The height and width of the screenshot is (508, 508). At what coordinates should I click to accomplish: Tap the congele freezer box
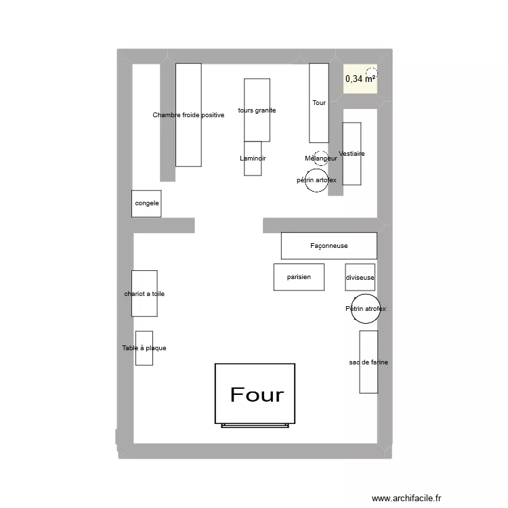[x=146, y=203]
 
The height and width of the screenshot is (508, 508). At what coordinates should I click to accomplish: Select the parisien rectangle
[x=299, y=277]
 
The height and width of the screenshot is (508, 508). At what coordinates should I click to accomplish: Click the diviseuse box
[x=360, y=278]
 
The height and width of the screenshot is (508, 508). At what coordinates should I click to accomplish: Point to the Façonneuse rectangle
[x=329, y=246]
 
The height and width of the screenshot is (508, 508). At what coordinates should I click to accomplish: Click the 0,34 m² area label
[x=360, y=79]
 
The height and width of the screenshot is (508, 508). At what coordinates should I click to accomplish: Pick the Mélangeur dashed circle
[x=321, y=157]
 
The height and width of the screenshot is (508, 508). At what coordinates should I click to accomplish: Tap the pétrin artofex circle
[x=316, y=181]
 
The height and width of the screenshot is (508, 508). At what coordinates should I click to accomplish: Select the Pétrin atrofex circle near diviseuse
[x=365, y=308]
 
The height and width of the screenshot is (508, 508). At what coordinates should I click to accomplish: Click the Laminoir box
[x=253, y=158]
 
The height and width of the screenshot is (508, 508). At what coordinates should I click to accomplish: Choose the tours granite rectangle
[x=257, y=110]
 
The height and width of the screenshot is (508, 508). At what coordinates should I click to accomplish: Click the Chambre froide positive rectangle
[x=188, y=114]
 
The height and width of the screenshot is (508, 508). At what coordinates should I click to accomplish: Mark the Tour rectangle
[x=319, y=103]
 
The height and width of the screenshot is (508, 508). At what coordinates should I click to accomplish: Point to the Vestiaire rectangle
[x=352, y=154]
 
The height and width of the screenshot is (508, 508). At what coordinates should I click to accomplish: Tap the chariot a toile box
[x=144, y=293]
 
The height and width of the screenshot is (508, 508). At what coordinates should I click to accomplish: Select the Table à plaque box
[x=144, y=348]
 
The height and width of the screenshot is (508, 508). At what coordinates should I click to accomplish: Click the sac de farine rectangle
[x=368, y=362]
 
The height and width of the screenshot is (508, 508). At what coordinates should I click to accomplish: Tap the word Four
[x=257, y=394]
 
